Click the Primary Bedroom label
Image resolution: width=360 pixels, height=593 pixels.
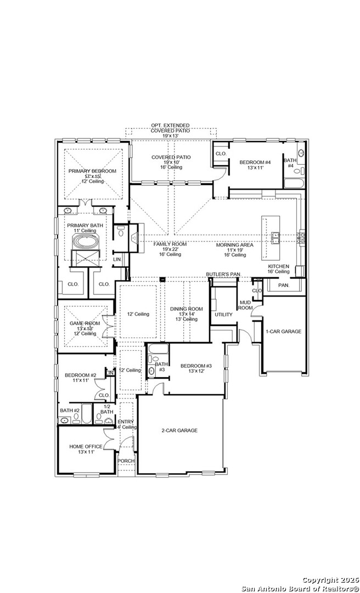pyautogui.click(x=92, y=171)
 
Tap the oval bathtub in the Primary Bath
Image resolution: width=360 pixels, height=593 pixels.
pyautogui.click(x=86, y=242)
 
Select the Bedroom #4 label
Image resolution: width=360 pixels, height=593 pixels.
pyautogui.click(x=255, y=163)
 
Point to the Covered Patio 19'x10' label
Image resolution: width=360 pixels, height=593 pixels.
pyautogui.click(x=171, y=158)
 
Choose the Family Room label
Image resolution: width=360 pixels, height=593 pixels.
pyautogui.click(x=170, y=244)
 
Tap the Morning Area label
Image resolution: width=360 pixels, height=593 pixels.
pyautogui.click(x=234, y=245)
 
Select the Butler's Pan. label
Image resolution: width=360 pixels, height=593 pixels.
pyautogui.click(x=223, y=274)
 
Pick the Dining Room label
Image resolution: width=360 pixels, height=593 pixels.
pyautogui.click(x=186, y=309)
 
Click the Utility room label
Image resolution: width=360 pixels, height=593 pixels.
pyautogui.click(x=223, y=315)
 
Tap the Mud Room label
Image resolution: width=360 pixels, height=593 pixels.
pyautogui.click(x=245, y=305)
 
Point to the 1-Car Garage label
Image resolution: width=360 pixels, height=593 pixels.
pyautogui.click(x=283, y=332)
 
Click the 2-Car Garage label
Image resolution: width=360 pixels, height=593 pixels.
pyautogui.click(x=179, y=430)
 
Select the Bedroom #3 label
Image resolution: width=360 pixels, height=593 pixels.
pyautogui.click(x=196, y=366)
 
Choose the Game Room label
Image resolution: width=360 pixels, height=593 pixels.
pyautogui.click(x=85, y=323)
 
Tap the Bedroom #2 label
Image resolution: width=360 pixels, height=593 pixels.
pyautogui.click(x=80, y=376)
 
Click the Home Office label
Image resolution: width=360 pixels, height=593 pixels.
pyautogui.click(x=86, y=447)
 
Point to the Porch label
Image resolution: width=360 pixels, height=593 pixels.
pyautogui.click(x=126, y=461)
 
